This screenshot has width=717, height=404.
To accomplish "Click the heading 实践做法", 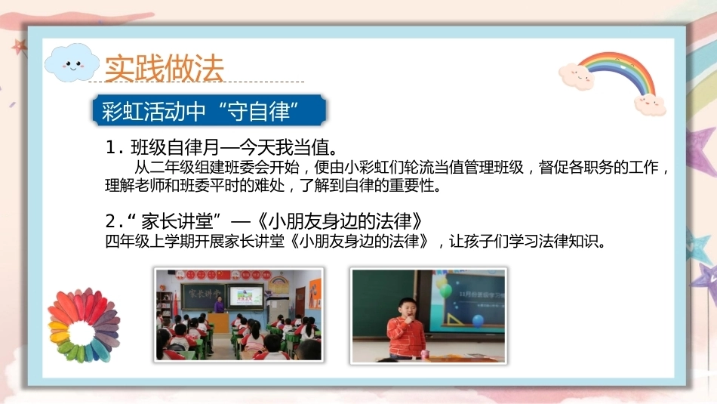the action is pos(165,68).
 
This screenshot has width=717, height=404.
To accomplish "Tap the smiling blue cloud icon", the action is pos(72,63).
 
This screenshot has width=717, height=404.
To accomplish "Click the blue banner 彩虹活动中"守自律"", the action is pos(209,110).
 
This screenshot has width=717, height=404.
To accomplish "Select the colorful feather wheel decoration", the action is pos(84,325).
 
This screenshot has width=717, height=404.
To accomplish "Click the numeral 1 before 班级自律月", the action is pos(111,148).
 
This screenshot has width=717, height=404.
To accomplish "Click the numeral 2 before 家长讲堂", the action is pos(111,222).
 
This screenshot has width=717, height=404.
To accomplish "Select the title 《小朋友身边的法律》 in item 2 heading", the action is pos(340,221).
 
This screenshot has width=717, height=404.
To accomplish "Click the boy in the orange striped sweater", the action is pos(405,328).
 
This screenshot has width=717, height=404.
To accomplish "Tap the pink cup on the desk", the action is pos(425,354).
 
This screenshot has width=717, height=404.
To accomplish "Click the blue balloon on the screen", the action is pos(478,321).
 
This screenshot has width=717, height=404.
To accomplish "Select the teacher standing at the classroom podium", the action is pos(220,305).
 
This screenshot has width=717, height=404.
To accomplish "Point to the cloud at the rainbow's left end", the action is pos(576,76).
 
